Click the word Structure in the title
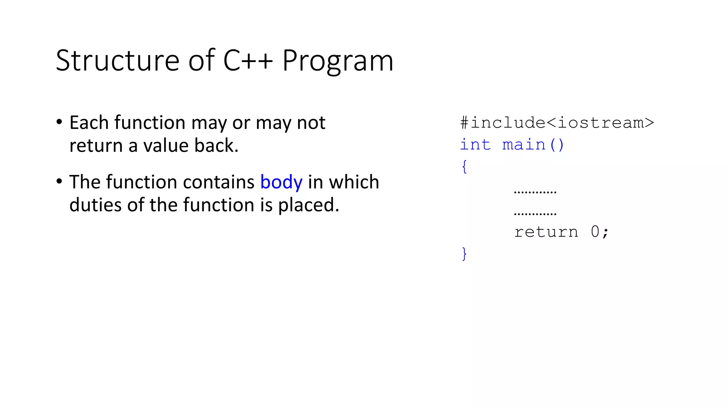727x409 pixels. click(x=117, y=61)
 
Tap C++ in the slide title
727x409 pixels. click(x=248, y=61)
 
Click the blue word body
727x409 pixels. click(x=281, y=182)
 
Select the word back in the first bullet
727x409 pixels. click(x=214, y=146)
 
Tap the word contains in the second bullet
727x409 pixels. click(x=219, y=182)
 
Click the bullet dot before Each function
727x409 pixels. click(x=59, y=122)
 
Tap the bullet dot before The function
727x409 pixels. click(x=59, y=181)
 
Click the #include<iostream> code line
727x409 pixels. click(x=557, y=123)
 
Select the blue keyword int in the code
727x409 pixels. click(x=475, y=145)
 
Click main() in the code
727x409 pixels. click(x=533, y=145)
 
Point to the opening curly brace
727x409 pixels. click(x=464, y=167)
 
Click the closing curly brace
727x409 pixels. click(x=464, y=254)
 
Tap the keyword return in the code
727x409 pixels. click(x=546, y=232)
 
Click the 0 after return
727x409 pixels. click(x=595, y=232)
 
